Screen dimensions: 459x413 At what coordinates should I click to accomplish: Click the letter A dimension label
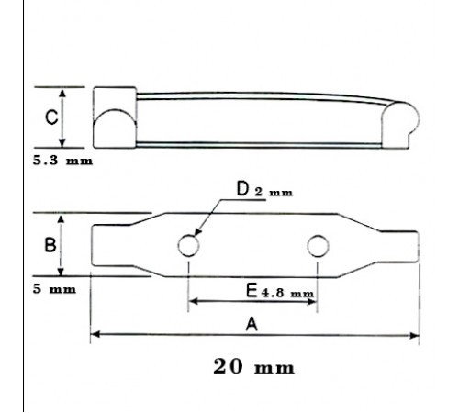252,324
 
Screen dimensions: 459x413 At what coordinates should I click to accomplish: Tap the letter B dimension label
50,245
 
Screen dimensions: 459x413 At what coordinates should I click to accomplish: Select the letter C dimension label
51,117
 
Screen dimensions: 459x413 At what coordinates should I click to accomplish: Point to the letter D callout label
242,188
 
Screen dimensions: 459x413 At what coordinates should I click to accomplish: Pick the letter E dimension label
252,291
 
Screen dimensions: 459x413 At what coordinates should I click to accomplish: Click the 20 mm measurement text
253,366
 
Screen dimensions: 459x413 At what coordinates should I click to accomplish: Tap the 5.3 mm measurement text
62,161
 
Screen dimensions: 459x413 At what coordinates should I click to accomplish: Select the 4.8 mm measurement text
287,293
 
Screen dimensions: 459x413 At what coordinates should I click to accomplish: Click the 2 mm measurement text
274,192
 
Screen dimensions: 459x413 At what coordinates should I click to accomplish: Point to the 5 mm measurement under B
54,289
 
